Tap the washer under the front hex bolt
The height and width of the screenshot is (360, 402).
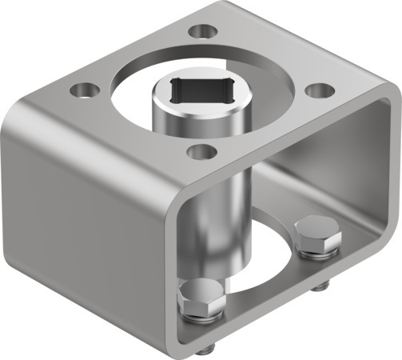click(x=200, y=318)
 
